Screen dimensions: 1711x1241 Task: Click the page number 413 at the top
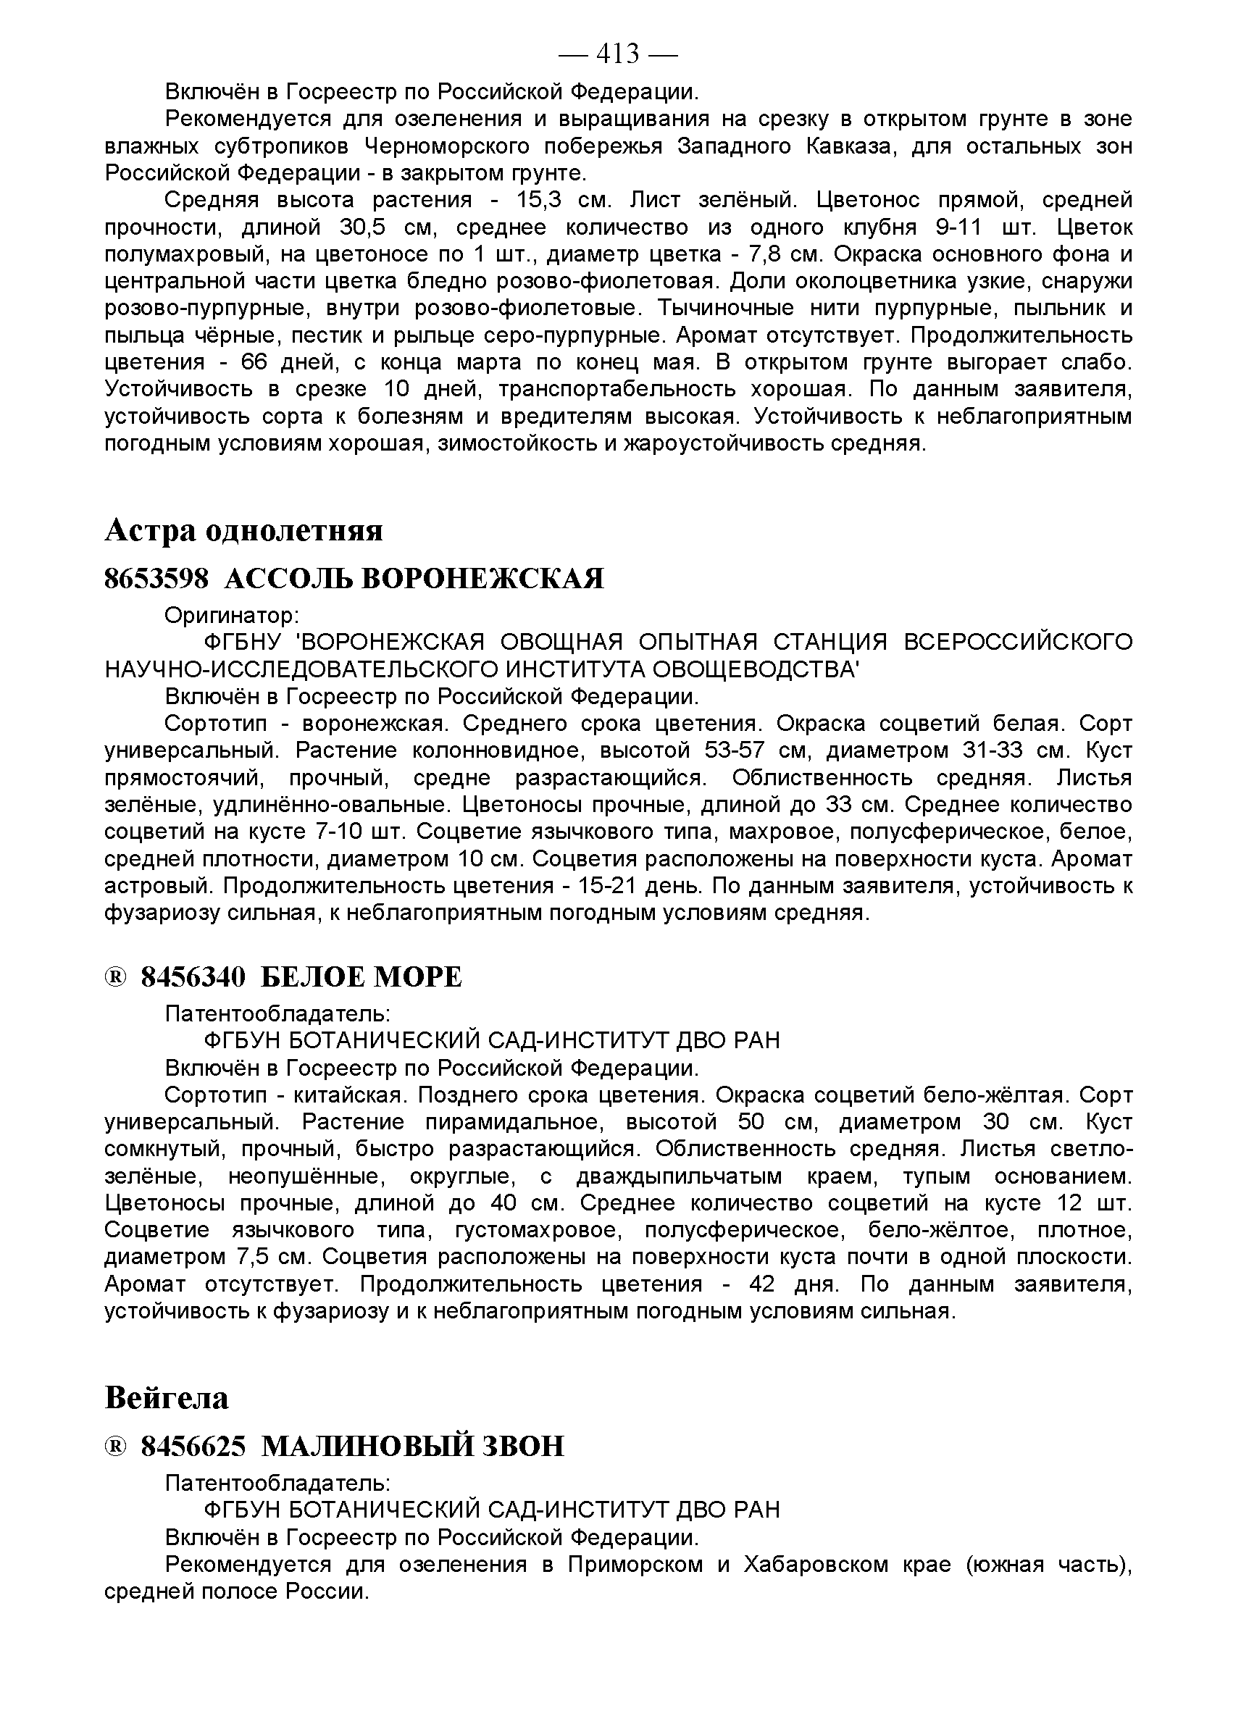point(618,54)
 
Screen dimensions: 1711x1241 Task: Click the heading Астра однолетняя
point(243,530)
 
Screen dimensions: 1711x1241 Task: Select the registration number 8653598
point(156,579)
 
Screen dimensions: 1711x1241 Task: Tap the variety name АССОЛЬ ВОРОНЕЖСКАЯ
point(414,579)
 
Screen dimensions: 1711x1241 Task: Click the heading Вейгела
point(167,1397)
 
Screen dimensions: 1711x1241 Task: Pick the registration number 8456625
point(193,1446)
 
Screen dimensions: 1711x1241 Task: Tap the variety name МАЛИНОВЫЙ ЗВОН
point(413,1446)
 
